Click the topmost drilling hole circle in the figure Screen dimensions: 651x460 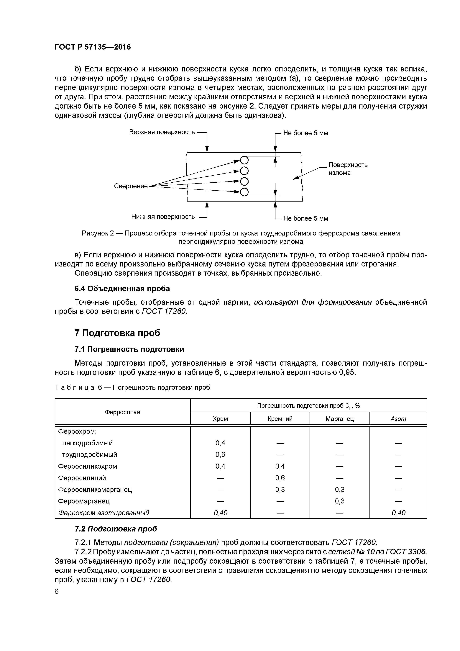pyautogui.click(x=244, y=161)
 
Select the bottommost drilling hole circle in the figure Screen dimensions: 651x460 pyautogui.click(x=244, y=192)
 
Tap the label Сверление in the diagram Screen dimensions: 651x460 pyautogui.click(x=131, y=186)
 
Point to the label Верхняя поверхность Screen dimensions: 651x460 pyautogui.click(x=162, y=132)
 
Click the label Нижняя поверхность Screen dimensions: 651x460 pyautogui.click(x=163, y=217)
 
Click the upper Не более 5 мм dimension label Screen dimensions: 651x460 pyautogui.click(x=305, y=133)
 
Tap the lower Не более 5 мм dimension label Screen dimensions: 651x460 pyautogui.click(x=305, y=218)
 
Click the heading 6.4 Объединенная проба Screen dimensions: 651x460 pyautogui.click(x=122, y=289)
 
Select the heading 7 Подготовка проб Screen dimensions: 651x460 pyautogui.click(x=117, y=333)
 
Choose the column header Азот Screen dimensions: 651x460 pyautogui.click(x=398, y=419)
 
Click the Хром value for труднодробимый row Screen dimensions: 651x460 pyautogui.click(x=220, y=454)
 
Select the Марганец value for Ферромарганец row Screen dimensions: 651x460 pyautogui.click(x=340, y=501)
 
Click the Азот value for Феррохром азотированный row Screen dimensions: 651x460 pyautogui.click(x=398, y=513)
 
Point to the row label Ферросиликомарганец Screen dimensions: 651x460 pyautogui.click(x=95, y=489)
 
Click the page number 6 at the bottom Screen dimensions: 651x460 pyautogui.click(x=57, y=591)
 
